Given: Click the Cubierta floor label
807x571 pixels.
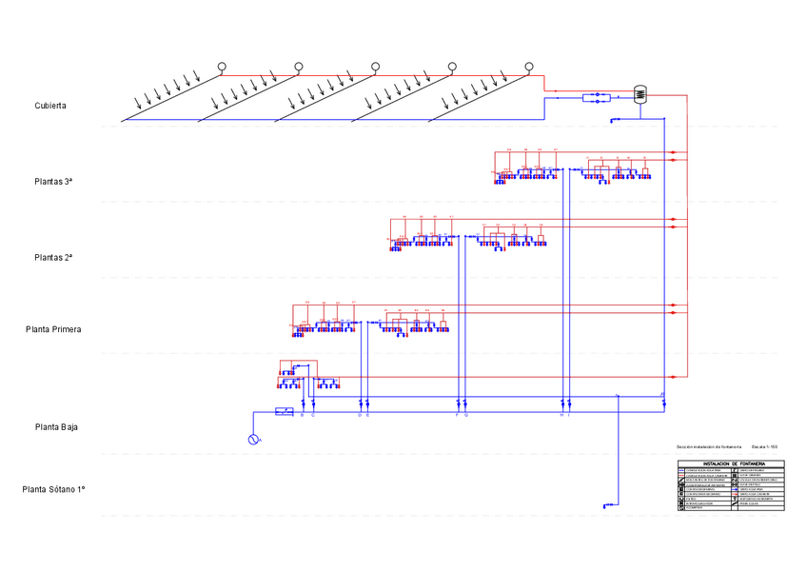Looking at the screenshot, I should [50, 106].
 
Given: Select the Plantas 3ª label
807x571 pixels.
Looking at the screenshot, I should [54, 181].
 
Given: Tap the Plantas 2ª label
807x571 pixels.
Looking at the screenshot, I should [54, 257].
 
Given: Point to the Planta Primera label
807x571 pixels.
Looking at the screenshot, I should [53, 329].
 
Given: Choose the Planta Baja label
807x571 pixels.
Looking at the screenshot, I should [56, 427].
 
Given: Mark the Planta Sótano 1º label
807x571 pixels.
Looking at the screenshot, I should [54, 489].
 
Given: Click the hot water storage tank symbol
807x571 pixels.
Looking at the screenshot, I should [640, 94].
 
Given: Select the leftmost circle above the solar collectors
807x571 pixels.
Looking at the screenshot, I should [221, 67].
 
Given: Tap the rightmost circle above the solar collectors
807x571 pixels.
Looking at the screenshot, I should [530, 67].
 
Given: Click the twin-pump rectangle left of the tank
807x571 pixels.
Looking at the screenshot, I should [596, 97].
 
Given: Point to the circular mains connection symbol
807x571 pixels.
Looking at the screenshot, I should [254, 439].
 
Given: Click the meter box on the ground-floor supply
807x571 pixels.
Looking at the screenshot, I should [284, 411].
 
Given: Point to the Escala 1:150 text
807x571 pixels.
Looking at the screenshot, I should [765, 446].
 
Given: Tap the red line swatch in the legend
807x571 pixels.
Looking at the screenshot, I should [681, 476].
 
